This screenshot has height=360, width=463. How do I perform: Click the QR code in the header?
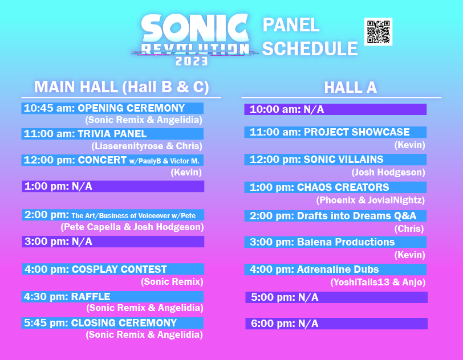click(378, 31)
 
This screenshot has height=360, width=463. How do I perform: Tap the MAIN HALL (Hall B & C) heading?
click(121, 87)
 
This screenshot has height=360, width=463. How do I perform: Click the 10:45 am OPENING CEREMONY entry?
click(112, 108)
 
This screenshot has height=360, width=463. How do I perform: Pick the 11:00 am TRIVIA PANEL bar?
click(112, 134)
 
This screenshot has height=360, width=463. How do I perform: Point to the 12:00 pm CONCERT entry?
click(112, 160)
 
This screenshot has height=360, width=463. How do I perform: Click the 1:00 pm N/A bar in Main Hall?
click(112, 186)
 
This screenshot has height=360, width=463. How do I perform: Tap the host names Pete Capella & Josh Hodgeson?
click(132, 227)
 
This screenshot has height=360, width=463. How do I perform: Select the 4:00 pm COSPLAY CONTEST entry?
click(112, 269)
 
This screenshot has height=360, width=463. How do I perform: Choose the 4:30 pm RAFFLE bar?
click(112, 296)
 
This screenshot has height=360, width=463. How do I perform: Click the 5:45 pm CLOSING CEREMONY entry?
click(112, 323)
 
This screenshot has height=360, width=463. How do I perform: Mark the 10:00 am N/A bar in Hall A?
click(335, 109)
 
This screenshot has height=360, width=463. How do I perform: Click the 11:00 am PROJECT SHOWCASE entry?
click(335, 132)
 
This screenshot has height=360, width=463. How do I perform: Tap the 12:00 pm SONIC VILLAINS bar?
click(335, 159)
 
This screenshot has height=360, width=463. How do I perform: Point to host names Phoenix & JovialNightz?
click(371, 200)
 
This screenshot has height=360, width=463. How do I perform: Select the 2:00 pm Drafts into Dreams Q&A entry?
click(335, 216)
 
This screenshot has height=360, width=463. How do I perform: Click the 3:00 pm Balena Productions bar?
click(335, 242)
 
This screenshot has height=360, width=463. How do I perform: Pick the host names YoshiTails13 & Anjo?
click(378, 282)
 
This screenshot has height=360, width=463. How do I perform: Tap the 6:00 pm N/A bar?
click(336, 324)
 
